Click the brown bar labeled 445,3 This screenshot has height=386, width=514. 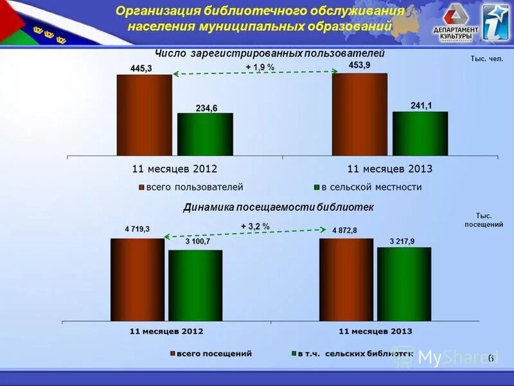click(144, 115)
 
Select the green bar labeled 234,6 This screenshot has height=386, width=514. click(205, 134)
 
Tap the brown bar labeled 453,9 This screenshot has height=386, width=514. click(359, 114)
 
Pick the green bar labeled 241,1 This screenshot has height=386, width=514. click(420, 133)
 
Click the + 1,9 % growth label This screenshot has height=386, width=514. click(260, 67)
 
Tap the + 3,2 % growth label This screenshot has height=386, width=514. click(255, 226)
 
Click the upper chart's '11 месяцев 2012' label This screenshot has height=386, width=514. click(174, 169)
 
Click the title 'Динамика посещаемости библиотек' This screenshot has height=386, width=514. click(278, 208)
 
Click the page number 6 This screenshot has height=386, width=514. click(491, 358)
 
